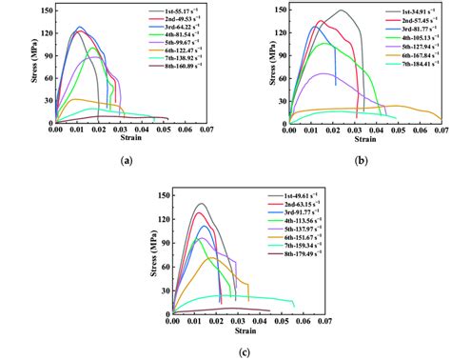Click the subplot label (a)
point(126,162)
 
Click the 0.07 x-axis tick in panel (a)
point(209,130)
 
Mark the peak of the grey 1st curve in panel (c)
point(202,204)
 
